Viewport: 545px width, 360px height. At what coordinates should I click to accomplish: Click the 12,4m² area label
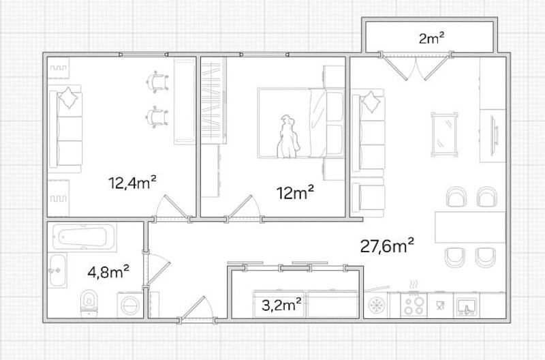[132, 183]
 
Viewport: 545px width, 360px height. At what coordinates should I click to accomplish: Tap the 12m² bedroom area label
[295, 192]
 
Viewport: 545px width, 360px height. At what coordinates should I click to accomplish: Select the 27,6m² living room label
[387, 245]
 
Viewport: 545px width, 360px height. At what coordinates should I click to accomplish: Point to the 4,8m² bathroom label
[108, 271]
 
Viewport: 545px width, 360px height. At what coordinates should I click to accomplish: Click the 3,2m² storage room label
[281, 305]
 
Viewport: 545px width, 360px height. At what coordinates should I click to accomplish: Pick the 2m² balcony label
[432, 38]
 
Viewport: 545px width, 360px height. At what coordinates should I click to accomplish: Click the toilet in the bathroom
[89, 303]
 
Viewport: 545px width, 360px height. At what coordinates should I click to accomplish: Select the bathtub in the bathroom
[84, 237]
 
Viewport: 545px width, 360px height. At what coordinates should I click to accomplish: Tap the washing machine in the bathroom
[130, 305]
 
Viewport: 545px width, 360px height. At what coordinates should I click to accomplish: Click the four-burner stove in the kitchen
[414, 305]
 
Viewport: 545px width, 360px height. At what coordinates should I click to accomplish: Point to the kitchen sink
[466, 305]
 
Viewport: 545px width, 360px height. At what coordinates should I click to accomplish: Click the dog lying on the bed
[287, 136]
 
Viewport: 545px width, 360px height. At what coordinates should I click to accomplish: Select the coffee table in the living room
[444, 134]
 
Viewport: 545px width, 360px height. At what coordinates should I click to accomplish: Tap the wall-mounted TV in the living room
[493, 136]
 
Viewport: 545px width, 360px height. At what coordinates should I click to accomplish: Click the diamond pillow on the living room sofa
[371, 101]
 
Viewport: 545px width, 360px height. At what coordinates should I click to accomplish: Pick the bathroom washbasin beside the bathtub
[57, 270]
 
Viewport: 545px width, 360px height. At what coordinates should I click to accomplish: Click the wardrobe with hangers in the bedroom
[214, 100]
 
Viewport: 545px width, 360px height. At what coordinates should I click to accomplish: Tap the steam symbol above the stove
[414, 284]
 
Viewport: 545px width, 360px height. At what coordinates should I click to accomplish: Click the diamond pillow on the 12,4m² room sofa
[68, 98]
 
